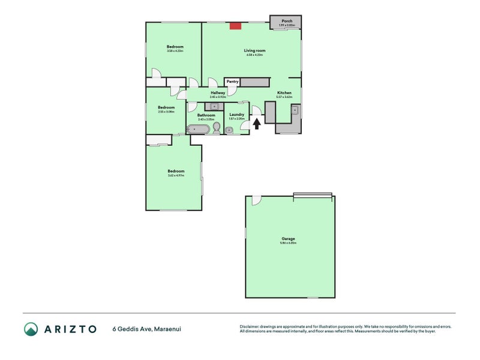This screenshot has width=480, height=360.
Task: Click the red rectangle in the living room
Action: (x=236, y=26)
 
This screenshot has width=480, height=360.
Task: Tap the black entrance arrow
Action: (x=257, y=124)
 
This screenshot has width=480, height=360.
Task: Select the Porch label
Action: (x=287, y=20)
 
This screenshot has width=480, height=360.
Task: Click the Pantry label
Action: (x=232, y=82)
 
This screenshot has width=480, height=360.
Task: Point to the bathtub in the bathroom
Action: (x=198, y=129)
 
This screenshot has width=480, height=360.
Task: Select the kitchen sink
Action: (x=295, y=110)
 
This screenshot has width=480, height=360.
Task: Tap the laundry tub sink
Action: (x=229, y=129)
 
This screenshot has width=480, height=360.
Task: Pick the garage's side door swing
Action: (x=256, y=200)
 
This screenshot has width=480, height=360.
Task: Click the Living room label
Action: (x=254, y=50)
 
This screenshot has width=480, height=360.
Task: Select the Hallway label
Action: (x=218, y=93)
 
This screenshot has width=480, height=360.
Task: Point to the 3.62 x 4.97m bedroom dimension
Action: (x=176, y=175)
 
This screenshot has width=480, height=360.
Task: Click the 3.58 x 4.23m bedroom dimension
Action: (x=175, y=50)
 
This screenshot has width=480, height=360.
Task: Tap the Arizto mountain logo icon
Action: (x=31, y=328)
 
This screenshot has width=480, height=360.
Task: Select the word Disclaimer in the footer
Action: (x=251, y=326)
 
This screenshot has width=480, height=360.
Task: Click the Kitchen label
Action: (x=284, y=93)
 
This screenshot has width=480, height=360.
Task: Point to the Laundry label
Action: (x=236, y=115)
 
